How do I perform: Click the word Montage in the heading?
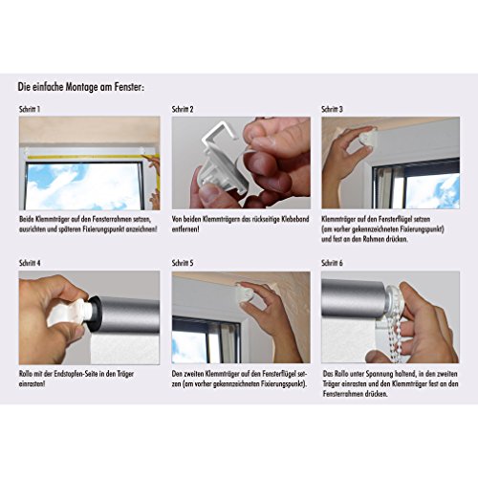pos(87,87)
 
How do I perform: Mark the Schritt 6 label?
pos(334,262)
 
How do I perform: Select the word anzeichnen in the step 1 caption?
pos(134,229)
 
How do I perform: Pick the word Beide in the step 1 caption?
pos(26,219)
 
